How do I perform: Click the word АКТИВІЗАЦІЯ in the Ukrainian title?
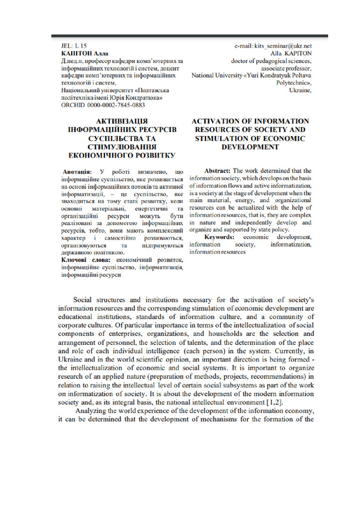122,121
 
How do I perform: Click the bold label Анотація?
77,171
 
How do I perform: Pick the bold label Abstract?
218,171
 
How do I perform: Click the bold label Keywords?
221,237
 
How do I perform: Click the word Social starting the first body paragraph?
83,300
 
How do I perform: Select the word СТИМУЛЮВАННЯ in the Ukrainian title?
122,147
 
